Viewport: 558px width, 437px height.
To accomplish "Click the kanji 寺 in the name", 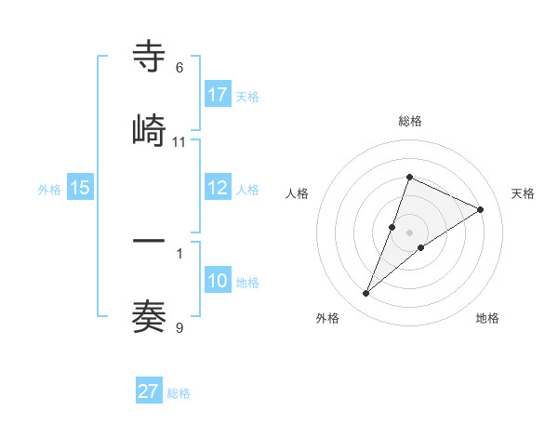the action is coord(149,57).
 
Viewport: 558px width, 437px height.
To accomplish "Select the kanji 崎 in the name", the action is coord(149,130).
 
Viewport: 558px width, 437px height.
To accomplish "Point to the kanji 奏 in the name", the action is coord(149,316).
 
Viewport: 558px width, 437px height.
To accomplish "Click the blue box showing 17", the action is coord(218,95).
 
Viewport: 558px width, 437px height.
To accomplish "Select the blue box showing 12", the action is coord(218,188).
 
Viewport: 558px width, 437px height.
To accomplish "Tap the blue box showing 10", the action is coord(218,281).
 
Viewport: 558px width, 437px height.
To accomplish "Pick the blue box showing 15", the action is coord(80,188).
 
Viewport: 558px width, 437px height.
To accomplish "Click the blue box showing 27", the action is coord(149,391).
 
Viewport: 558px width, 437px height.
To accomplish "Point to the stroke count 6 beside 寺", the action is coord(179,68).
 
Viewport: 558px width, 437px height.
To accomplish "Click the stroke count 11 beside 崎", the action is coord(179,141).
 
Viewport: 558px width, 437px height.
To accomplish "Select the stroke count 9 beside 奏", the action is coord(179,327).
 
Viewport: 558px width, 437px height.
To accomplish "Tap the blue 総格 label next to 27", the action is coord(179,393).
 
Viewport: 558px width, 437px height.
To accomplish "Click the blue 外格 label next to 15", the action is coord(49,189).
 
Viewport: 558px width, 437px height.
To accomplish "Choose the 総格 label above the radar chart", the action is coord(409,121).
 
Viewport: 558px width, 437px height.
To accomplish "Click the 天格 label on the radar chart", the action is coord(523,193).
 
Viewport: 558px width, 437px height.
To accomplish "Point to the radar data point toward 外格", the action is coord(365,294).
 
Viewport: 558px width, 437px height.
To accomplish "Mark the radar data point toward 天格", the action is coord(481,209).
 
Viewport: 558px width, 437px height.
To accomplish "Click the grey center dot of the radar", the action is coord(409,232).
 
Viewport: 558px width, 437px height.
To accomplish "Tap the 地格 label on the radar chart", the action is coord(487,318).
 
